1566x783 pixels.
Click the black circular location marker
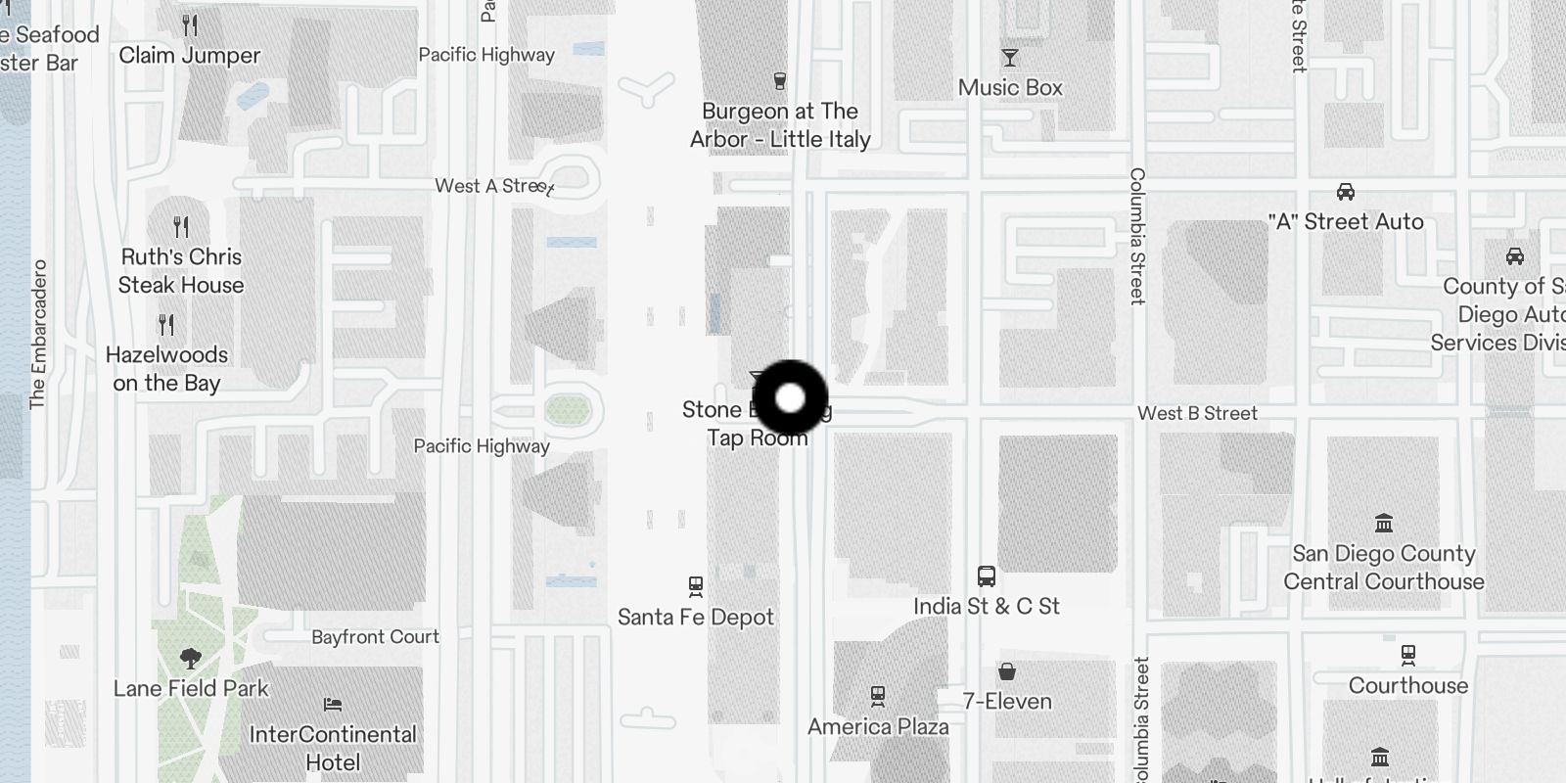tap(790, 398)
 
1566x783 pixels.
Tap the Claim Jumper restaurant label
tap(190, 56)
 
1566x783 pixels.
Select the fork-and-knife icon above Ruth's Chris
tap(181, 227)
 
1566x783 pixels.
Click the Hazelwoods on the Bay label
tap(166, 369)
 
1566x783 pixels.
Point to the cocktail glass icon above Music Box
tap(1010, 58)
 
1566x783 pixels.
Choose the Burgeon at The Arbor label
tap(780, 125)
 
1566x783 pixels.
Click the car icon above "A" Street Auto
tap(1346, 192)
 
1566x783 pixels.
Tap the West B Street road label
tap(1197, 413)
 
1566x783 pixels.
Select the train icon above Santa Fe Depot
tap(696, 586)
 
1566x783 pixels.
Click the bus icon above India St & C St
tap(987, 576)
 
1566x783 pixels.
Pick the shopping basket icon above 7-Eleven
tap(1007, 671)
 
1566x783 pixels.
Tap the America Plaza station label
tap(878, 726)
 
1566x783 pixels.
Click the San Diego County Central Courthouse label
tap(1384, 568)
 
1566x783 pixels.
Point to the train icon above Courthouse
tap(1408, 655)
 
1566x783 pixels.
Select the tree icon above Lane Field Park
tap(191, 658)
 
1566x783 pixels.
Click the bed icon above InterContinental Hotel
tap(333, 705)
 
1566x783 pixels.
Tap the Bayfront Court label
tap(375, 637)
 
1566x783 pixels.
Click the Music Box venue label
tap(1010, 87)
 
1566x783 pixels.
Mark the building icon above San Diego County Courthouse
tap(1384, 523)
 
